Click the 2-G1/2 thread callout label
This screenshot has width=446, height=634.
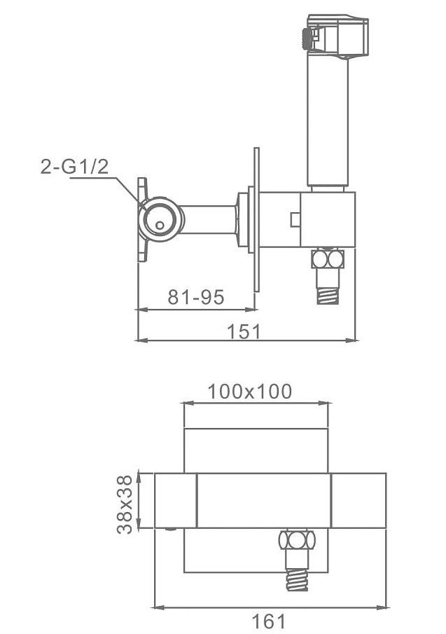click(x=75, y=167)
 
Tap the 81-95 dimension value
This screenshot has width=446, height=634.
click(x=196, y=297)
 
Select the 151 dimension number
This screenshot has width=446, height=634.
click(x=244, y=331)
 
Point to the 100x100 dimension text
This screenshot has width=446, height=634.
click(x=250, y=392)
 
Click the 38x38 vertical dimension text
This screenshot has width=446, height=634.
click(x=125, y=504)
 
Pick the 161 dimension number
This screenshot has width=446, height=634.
click(x=269, y=621)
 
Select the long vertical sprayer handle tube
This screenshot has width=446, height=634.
click(x=328, y=120)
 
